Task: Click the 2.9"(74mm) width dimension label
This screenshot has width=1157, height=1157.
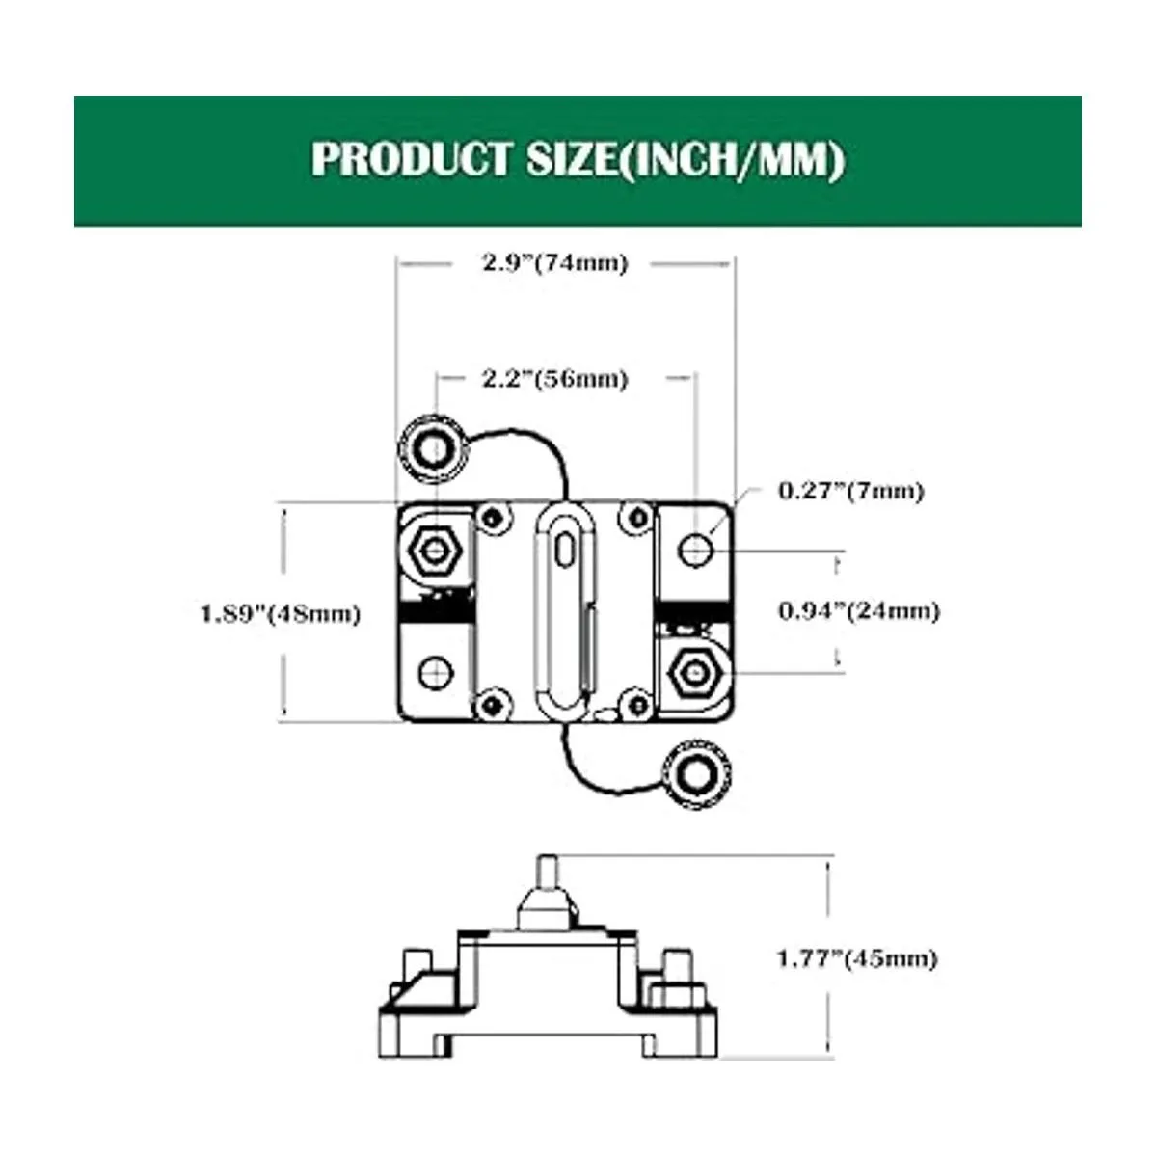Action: click(x=554, y=263)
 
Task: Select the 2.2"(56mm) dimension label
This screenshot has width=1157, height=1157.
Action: click(x=554, y=379)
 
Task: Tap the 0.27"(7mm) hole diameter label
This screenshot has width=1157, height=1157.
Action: click(x=850, y=491)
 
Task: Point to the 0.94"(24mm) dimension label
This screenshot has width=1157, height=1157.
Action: click(x=858, y=610)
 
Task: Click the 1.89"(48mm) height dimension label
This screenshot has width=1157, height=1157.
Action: click(x=280, y=613)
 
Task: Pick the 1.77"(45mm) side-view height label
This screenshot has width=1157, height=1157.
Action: click(x=856, y=957)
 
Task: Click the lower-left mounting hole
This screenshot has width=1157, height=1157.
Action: click(x=435, y=670)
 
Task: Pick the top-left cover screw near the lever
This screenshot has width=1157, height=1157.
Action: click(x=495, y=515)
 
